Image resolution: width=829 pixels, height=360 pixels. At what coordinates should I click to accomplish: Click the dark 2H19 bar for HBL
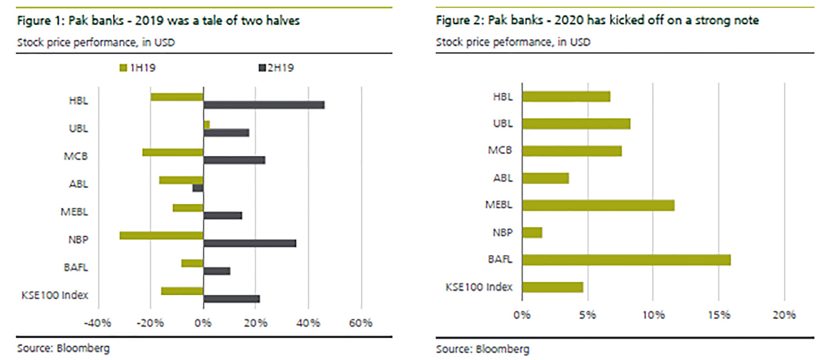click(x=263, y=105)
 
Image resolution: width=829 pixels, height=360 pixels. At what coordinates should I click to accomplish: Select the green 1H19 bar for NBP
click(x=162, y=235)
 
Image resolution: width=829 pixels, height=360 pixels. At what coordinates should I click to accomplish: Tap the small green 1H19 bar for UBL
click(x=207, y=125)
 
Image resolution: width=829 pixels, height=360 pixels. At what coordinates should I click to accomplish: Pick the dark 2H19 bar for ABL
click(x=198, y=188)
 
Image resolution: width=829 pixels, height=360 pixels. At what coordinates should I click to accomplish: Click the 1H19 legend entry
click(x=138, y=68)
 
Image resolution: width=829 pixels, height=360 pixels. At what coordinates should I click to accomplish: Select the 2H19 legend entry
click(x=276, y=68)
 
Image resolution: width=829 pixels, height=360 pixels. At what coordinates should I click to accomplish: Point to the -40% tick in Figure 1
click(x=97, y=323)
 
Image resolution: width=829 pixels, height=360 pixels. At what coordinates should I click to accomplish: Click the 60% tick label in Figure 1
click(x=360, y=323)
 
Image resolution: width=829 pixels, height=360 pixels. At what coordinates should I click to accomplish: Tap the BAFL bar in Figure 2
click(x=626, y=260)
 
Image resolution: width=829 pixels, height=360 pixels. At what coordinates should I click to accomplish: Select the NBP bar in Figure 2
click(x=532, y=232)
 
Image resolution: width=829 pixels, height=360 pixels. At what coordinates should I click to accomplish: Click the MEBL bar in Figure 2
click(x=598, y=205)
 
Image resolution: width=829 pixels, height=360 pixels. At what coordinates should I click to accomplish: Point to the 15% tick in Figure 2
click(x=719, y=315)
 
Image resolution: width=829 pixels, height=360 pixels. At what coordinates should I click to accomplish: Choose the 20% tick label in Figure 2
click(x=784, y=315)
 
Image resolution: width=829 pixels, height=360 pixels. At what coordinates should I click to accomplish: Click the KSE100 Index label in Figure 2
click(x=479, y=287)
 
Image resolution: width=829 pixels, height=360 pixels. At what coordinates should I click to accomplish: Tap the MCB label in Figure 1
click(x=76, y=156)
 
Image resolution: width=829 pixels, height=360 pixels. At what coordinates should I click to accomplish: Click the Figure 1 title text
click(x=158, y=21)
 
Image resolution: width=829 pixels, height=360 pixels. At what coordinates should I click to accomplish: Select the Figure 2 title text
click(x=597, y=20)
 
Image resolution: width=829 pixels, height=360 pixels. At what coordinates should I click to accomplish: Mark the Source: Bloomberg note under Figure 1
click(x=63, y=348)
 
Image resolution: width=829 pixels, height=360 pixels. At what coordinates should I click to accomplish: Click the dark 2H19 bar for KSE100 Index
click(x=231, y=299)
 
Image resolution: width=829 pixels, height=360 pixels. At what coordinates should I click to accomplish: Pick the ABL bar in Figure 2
click(x=545, y=178)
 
